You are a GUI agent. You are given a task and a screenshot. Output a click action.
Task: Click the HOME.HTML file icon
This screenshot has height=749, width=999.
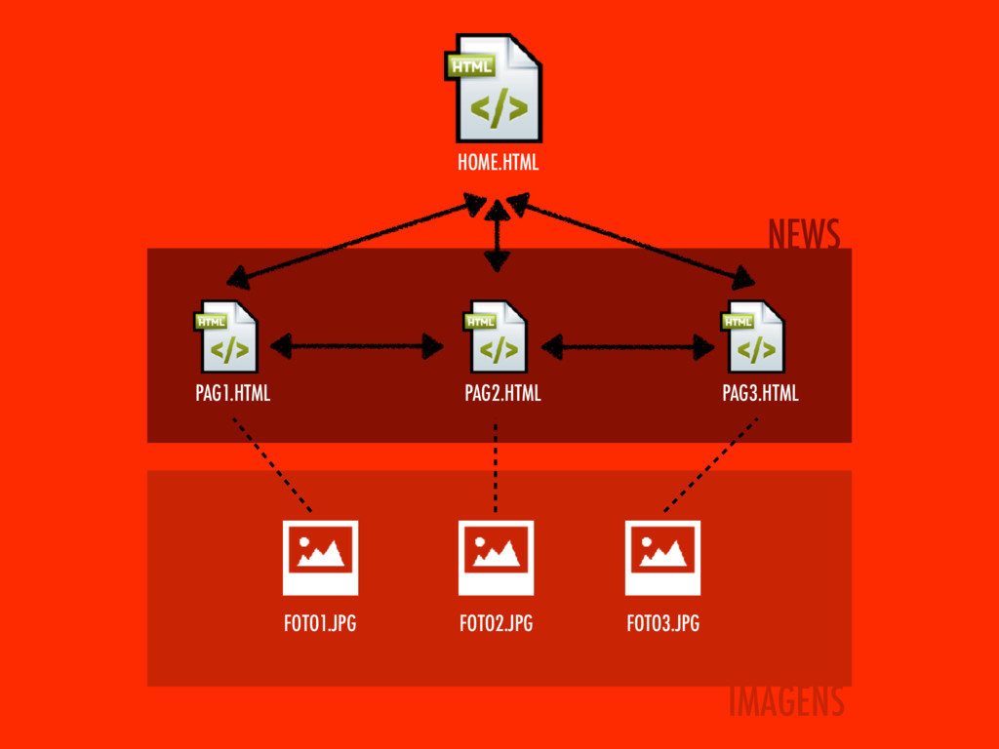(x=498, y=90)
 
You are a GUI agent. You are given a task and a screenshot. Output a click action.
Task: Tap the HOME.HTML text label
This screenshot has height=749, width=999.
(x=498, y=163)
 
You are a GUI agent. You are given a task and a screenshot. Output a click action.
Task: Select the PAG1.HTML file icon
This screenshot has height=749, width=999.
(x=228, y=337)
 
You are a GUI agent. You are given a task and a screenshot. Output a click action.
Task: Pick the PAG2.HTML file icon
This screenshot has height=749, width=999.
(x=498, y=337)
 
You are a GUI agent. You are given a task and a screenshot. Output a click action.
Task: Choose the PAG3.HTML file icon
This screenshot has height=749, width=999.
(x=754, y=337)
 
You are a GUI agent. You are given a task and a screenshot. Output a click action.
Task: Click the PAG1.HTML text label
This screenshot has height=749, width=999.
(x=232, y=394)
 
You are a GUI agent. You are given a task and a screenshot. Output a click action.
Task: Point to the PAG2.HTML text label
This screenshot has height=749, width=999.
(x=502, y=394)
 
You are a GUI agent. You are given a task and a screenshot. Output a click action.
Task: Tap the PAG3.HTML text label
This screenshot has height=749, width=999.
(x=760, y=394)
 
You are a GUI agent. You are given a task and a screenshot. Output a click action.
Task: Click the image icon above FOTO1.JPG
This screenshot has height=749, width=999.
(x=320, y=557)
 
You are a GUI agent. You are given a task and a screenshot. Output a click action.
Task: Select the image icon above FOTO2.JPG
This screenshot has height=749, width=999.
(x=496, y=557)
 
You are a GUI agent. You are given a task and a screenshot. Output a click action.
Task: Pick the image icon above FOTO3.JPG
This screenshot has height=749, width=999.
(x=662, y=557)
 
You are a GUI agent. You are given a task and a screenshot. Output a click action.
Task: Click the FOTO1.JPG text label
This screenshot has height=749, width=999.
(x=320, y=624)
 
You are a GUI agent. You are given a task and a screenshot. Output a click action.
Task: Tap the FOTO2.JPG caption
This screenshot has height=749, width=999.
(x=496, y=624)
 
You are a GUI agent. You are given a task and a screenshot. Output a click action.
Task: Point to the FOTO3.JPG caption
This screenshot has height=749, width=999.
(x=662, y=624)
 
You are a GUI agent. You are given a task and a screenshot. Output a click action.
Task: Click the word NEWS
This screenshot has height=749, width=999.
(x=803, y=235)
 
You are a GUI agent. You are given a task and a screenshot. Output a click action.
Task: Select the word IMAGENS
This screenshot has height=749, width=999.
(x=786, y=701)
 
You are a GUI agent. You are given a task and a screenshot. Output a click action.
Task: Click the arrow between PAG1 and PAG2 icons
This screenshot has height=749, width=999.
(x=357, y=345)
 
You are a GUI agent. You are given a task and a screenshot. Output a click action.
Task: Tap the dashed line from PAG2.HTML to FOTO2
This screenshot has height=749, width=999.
(x=497, y=468)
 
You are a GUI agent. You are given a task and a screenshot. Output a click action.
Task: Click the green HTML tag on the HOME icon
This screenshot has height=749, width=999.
(x=471, y=64)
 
